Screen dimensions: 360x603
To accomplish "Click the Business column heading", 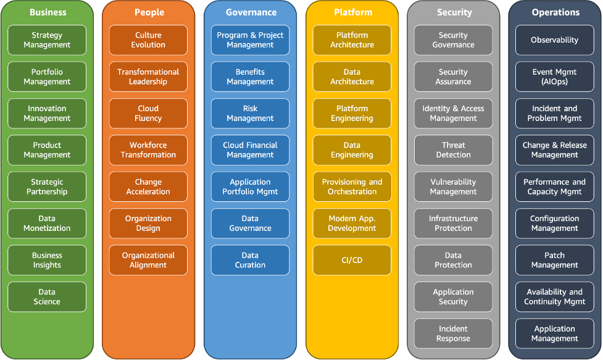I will pos(48,12).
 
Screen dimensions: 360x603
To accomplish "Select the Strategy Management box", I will pos(48,40).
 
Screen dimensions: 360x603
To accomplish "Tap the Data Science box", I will pos(48,297).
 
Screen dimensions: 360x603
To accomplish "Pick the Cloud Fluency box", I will pos(148,114).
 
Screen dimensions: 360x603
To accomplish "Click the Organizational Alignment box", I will pos(148,260).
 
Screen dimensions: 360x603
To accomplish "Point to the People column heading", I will pos(149,12).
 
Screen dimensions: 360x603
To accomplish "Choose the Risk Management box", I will pos(250,114).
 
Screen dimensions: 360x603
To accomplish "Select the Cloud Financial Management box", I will pos(250,150).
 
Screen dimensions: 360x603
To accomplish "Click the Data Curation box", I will pos(250,260).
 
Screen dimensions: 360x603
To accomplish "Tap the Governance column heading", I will pos(251,12).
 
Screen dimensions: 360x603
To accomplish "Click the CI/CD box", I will pos(352,260).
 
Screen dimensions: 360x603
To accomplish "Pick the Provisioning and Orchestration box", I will pos(352,187).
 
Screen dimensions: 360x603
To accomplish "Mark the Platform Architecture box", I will pos(352,40).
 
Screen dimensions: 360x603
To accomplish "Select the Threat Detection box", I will pos(453,150).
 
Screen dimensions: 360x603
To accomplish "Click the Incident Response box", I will pos(453,333).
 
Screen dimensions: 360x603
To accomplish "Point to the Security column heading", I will pos(454,12).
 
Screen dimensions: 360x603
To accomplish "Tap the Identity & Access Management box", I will pos(453,114).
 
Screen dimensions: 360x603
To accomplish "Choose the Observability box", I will pos(554,40).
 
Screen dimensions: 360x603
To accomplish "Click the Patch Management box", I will pos(554,260).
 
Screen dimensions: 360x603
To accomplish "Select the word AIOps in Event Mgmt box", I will pos(554,82).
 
